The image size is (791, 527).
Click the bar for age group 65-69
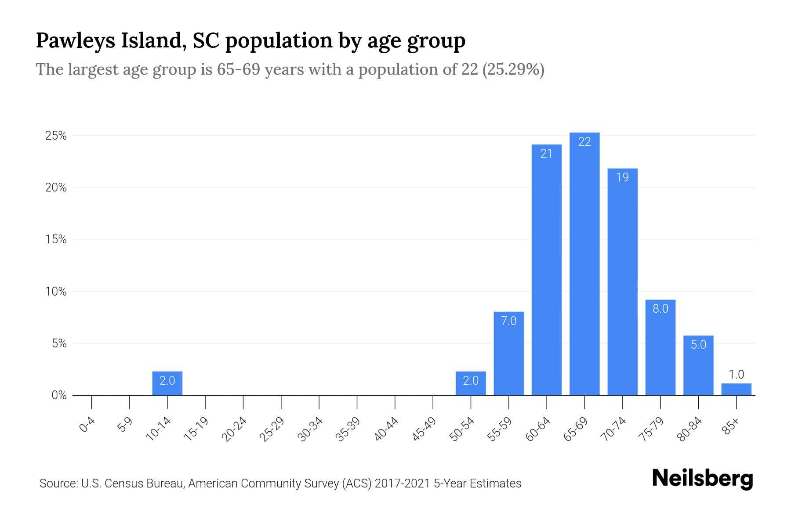pos(584,263)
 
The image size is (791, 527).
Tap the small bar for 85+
pos(736,390)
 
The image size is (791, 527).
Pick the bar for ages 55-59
pos(508,354)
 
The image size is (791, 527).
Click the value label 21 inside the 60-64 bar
pos(546,154)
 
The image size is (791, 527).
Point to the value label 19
pos(622,177)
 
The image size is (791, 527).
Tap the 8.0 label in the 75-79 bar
pos(660,309)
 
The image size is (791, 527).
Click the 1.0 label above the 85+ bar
pos(736,375)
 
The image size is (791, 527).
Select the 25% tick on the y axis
pos(56,136)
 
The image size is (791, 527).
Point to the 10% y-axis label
pos(56,292)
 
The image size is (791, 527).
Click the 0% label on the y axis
pos(59,395)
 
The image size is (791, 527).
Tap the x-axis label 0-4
pos(87,425)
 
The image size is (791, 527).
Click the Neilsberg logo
pos(702,479)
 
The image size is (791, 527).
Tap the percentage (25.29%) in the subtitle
pos(513,69)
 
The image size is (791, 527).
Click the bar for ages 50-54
pos(471,383)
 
